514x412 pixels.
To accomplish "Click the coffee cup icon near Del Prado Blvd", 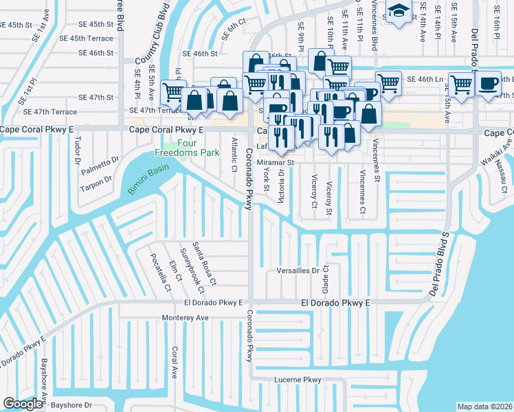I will [489, 84].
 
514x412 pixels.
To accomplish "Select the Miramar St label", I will [275, 163].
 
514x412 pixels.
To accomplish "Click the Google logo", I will [23, 404].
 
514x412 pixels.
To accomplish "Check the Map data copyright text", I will [484, 407].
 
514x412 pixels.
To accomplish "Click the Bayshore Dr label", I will [69, 405].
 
